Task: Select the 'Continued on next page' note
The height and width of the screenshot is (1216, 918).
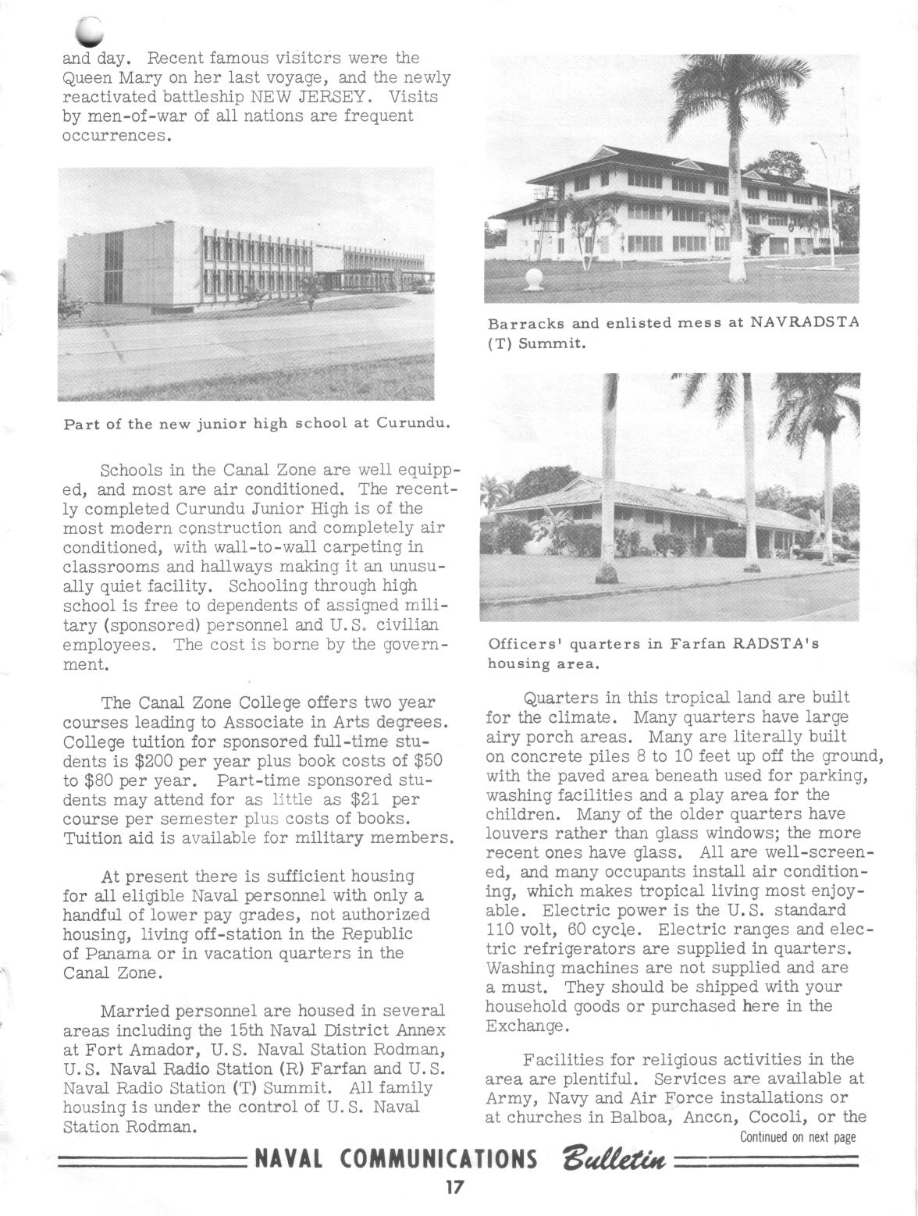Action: point(798,1137)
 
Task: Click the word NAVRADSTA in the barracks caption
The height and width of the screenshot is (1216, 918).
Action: point(803,322)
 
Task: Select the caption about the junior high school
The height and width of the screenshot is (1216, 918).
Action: point(257,425)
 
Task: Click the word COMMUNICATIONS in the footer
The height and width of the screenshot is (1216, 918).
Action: point(439,1158)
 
